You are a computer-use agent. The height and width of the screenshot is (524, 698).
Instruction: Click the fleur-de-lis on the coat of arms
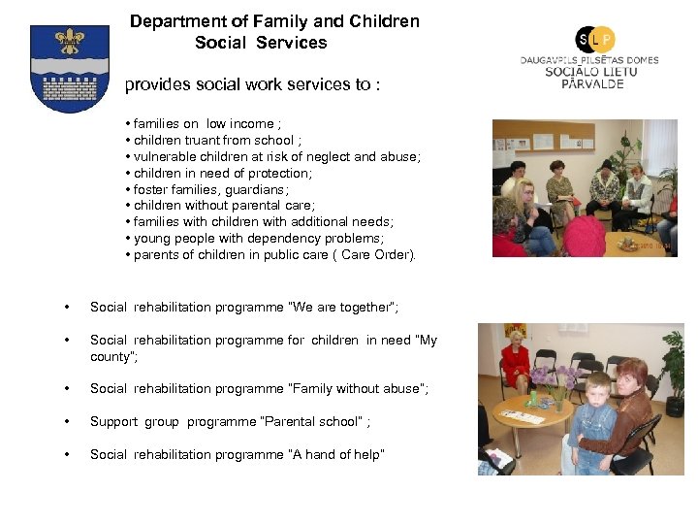click(69, 41)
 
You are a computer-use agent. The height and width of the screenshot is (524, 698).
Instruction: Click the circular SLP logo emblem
click(595, 39)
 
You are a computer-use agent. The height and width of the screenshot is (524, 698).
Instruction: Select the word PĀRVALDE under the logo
click(592, 83)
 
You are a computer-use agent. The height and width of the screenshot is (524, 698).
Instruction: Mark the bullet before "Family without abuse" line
click(66, 389)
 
